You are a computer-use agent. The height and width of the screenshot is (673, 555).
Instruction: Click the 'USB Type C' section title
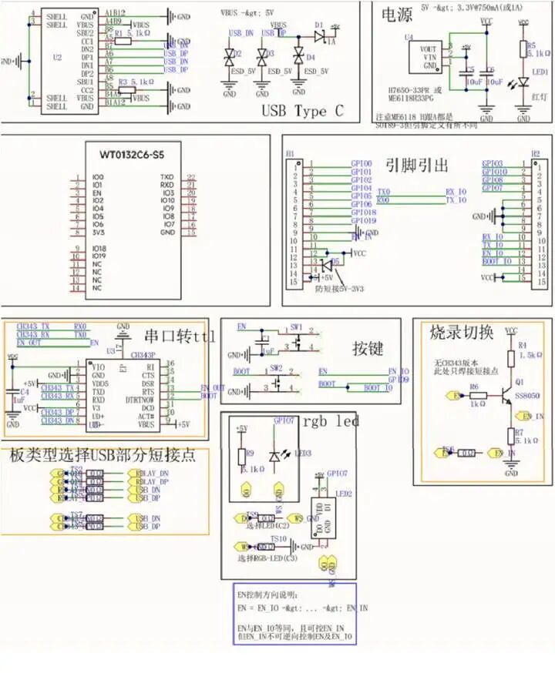302,111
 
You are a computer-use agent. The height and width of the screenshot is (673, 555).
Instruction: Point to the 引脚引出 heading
417,165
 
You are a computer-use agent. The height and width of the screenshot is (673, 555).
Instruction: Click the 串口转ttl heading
180,336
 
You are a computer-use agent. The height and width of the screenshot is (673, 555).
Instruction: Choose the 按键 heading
368,348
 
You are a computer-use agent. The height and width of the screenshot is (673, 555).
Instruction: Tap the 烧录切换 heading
462,333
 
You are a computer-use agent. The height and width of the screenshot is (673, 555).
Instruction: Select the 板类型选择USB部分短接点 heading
103,455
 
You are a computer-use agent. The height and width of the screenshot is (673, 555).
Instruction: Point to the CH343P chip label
143,355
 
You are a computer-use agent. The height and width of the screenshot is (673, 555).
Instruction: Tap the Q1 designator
520,382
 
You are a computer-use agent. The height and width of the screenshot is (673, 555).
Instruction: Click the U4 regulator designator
409,36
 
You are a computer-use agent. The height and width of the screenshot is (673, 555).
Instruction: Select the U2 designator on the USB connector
57,58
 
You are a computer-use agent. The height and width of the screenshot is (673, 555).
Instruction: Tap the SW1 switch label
298,326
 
